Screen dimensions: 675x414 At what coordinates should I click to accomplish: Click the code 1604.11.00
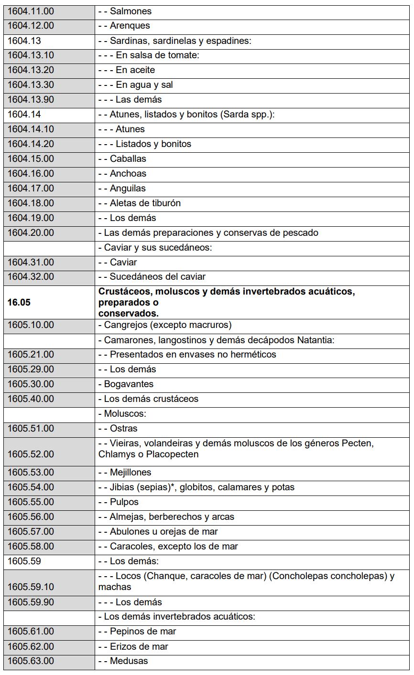(31, 11)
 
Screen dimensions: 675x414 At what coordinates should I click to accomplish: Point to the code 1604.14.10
(31, 129)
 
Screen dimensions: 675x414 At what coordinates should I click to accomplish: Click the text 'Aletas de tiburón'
(145, 203)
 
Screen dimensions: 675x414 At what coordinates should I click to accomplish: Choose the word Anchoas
(128, 173)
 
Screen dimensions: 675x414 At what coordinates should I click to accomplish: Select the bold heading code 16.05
(18, 302)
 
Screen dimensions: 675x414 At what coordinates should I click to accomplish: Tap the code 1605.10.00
(31, 325)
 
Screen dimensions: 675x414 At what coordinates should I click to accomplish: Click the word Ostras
(123, 428)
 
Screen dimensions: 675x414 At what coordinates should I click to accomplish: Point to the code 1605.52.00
(31, 454)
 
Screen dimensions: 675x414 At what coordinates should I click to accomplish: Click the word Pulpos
(124, 502)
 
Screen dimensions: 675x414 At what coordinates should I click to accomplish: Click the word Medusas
(129, 661)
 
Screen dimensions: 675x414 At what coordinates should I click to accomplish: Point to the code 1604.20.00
(31, 232)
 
